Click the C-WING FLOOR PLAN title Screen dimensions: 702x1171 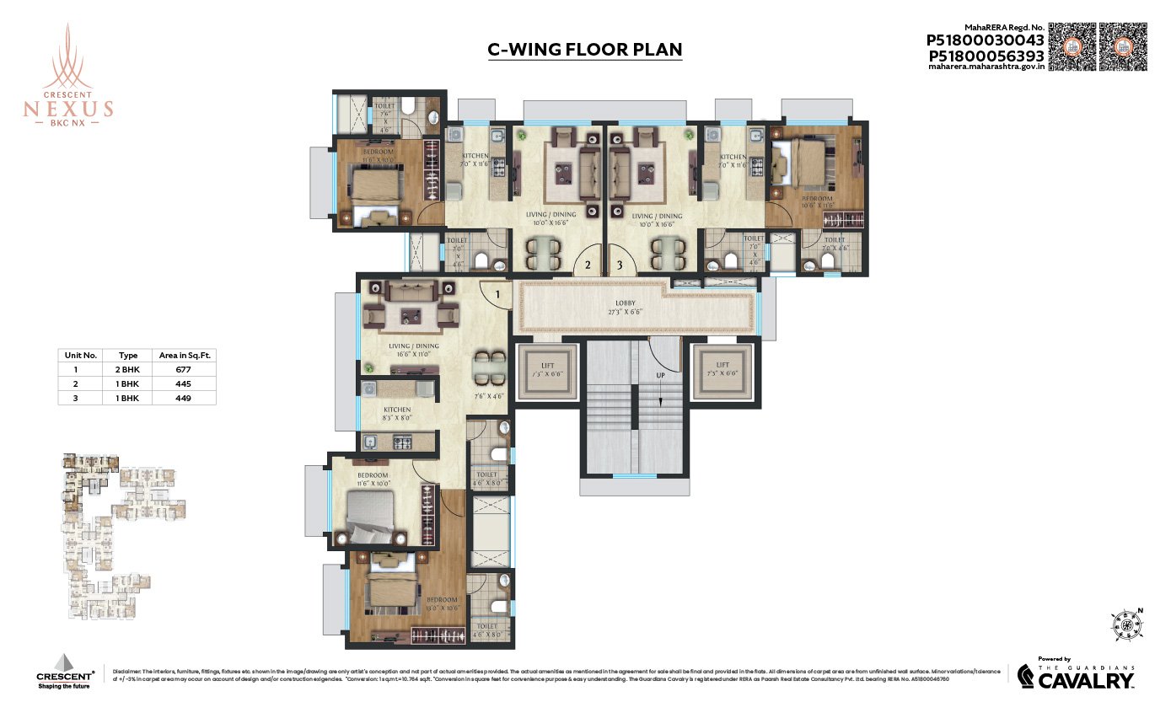tap(585, 50)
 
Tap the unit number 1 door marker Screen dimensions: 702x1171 tap(498, 294)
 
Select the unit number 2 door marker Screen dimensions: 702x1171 tap(586, 265)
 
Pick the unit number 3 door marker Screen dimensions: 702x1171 tap(620, 265)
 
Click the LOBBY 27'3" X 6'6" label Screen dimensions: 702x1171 tap(625, 307)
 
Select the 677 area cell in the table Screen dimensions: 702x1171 tap(183, 369)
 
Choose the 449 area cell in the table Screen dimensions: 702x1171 tap(183, 397)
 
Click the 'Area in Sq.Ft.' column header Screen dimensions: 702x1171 tap(185, 356)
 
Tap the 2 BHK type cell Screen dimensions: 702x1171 tap(128, 369)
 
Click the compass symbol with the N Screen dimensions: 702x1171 tap(1128, 627)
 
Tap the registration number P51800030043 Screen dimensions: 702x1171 tap(985, 40)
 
